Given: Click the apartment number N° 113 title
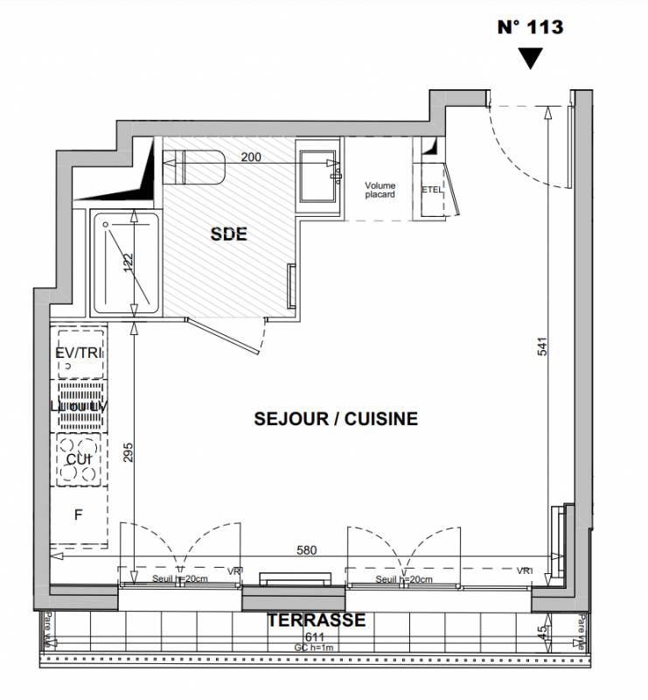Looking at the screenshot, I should coord(530,26).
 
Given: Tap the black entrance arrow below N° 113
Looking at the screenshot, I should coord(530,59).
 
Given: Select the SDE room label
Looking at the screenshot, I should coord(229,234).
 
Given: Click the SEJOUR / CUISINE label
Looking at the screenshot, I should coord(336,419).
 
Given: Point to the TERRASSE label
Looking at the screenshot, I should coord(316,620).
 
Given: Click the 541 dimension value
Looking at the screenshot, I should coord(542,347).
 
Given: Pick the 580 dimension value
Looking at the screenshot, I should coord(307,551).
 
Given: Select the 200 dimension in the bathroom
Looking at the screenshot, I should coord(251,157).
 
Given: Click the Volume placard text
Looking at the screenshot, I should coord(380,190).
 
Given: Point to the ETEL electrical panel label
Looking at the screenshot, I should coord(432,190).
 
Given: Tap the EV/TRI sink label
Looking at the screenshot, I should coord(79,353).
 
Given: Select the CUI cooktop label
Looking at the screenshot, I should coord(79,458).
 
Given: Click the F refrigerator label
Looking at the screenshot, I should coord(78,515).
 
